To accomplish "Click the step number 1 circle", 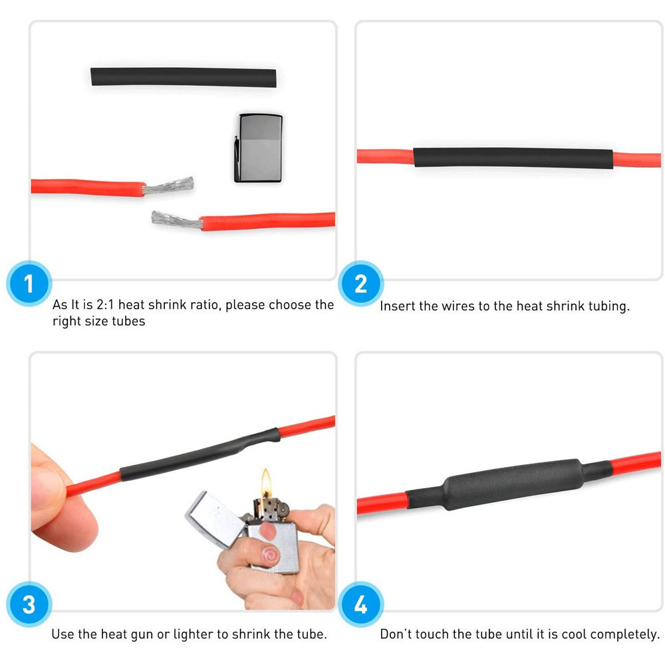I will tap(29, 284).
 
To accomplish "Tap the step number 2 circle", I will tap(361, 284).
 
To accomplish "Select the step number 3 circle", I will tap(29, 606).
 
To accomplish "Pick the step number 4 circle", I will tap(361, 606).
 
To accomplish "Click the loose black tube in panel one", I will tap(184, 76).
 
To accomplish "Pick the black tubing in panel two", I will tap(512, 158).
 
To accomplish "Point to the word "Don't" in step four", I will tap(398, 634).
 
